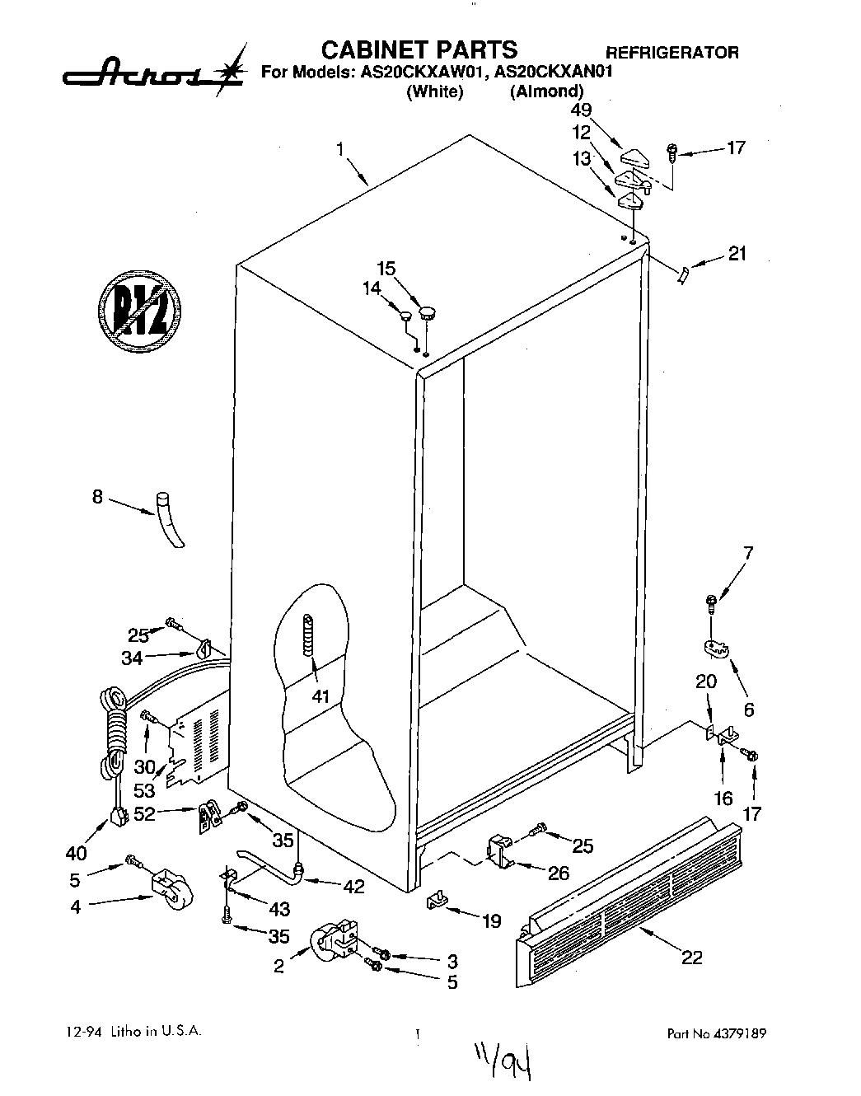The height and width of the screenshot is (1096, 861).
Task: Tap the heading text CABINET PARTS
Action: click(419, 49)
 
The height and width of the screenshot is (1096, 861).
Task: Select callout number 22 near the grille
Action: click(691, 957)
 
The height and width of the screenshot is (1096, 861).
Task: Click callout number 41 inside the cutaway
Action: click(321, 696)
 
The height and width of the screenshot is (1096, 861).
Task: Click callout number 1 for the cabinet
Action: click(339, 150)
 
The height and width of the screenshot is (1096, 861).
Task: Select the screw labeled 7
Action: click(710, 603)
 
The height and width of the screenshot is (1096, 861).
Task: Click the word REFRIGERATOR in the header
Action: click(672, 53)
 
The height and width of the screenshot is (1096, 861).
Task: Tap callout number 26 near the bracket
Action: click(558, 873)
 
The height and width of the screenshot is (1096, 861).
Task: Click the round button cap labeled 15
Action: click(427, 311)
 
